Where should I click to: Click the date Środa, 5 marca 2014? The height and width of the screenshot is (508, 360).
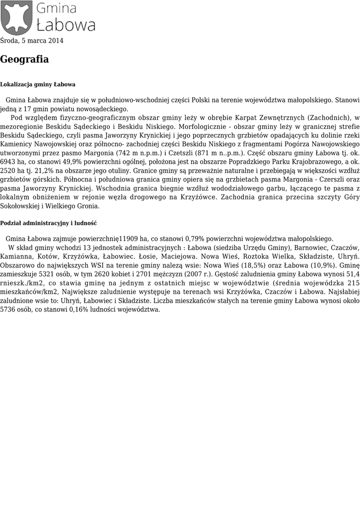(32, 41)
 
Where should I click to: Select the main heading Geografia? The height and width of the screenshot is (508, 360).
(24, 60)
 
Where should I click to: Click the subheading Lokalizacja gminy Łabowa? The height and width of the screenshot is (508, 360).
(38, 84)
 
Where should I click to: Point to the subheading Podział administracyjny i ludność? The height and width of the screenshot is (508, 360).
(48, 223)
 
